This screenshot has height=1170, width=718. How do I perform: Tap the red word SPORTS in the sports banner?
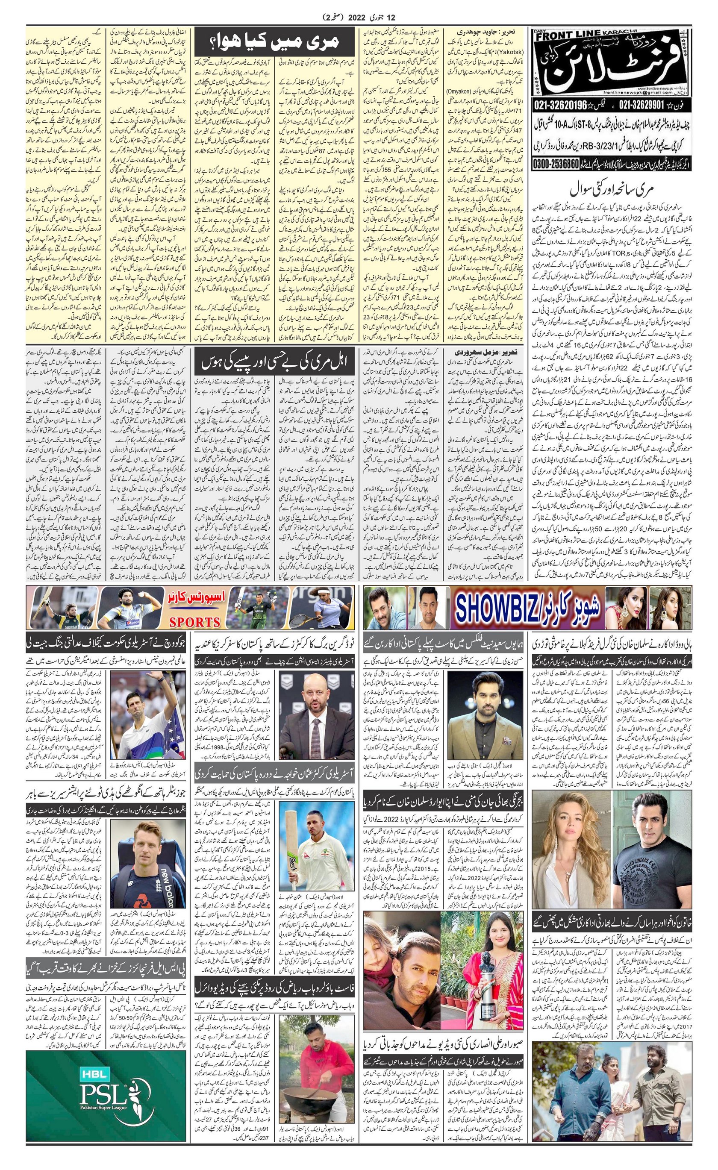point(195,622)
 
